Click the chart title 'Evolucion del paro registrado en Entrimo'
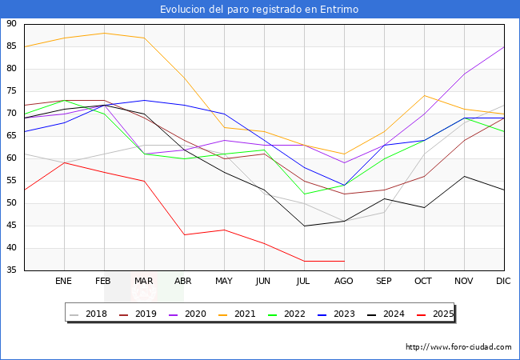pyautogui.click(x=259, y=10)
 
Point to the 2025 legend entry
pyautogui.click(x=442, y=314)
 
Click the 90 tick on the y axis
pyautogui.click(x=12, y=24)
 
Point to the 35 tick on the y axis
pyautogui.click(x=12, y=270)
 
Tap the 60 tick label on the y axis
pyautogui.click(x=12, y=158)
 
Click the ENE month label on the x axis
pyautogui.click(x=64, y=282)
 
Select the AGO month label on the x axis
pyautogui.click(x=344, y=282)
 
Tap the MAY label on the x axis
pyautogui.click(x=224, y=282)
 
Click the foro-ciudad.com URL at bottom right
pyautogui.click(x=458, y=347)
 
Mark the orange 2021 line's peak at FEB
pyautogui.click(x=104, y=33)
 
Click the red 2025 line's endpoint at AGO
pyautogui.click(x=344, y=261)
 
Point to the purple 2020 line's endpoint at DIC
pyautogui.click(x=504, y=46)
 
